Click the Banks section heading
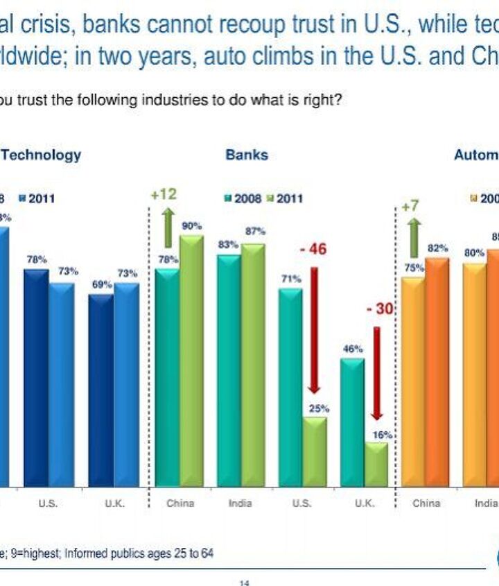click(246, 155)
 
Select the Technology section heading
click(41, 155)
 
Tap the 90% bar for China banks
click(192, 361)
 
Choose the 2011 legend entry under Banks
click(285, 198)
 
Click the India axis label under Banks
click(240, 503)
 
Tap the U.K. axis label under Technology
click(114, 503)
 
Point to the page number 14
click(244, 582)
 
